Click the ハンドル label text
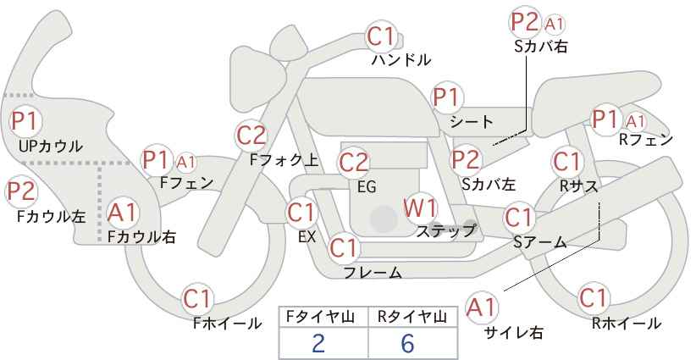[400, 59]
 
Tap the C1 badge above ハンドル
[381, 36]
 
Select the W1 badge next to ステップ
[420, 208]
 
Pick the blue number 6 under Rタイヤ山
[407, 343]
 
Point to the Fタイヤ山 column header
[319, 317]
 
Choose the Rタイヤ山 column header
[412, 317]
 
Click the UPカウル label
[51, 146]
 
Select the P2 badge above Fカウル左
[21, 192]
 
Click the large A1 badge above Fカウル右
[122, 212]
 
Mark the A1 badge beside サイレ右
[481, 307]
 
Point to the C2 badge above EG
[353, 163]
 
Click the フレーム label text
[373, 273]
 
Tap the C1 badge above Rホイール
[593, 298]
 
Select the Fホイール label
[227, 324]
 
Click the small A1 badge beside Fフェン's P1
[185, 163]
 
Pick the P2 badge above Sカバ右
[525, 22]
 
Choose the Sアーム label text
[540, 242]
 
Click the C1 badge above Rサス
[566, 162]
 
